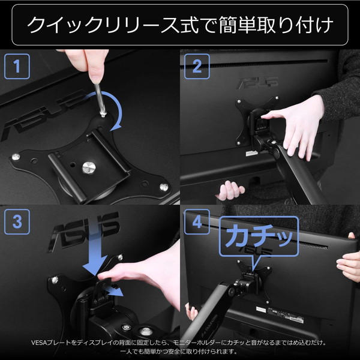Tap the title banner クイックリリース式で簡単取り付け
coord(180,25)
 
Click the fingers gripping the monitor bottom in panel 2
coord(232,191)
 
